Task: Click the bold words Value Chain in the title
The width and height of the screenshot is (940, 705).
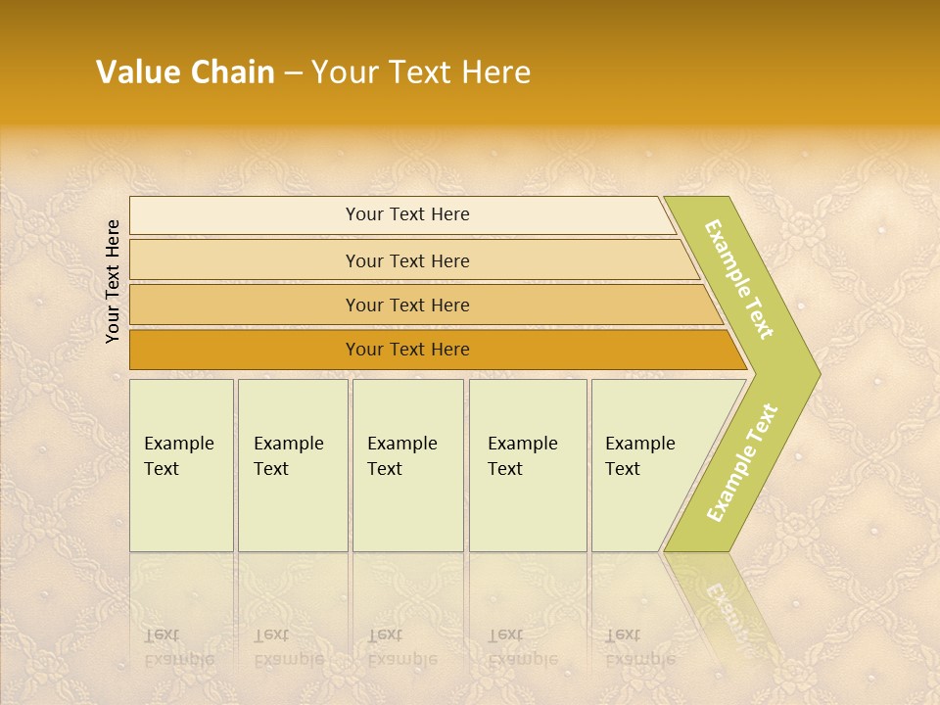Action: [185, 72]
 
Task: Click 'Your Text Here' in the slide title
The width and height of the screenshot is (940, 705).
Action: [421, 72]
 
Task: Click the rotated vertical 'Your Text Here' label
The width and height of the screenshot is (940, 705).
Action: [113, 281]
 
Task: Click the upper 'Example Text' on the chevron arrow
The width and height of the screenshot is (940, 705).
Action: [739, 279]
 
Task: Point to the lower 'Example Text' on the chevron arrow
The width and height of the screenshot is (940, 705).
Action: [742, 462]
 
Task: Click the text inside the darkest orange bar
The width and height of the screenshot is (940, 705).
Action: [407, 350]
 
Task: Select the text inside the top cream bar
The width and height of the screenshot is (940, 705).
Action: [407, 214]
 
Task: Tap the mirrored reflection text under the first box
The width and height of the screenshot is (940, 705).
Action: [178, 647]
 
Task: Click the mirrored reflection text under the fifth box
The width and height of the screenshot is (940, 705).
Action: [639, 647]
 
